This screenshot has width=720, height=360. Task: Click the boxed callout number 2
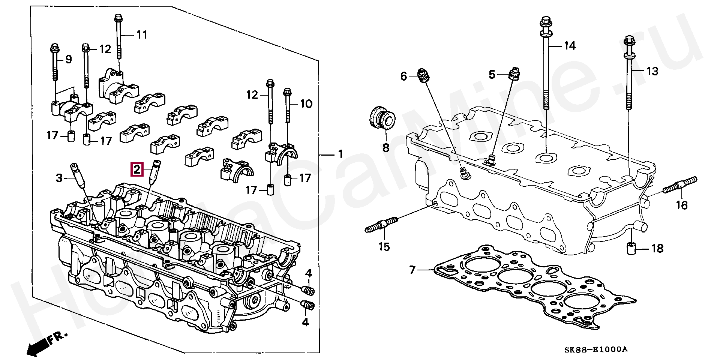point(136,169)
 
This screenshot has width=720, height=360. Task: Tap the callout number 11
point(141,35)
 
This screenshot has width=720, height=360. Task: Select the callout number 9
point(68,59)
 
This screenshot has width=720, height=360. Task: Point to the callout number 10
point(306,103)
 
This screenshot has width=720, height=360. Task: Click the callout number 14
point(569,46)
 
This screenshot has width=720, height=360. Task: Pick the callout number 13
point(652,71)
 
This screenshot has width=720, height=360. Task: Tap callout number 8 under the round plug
point(386,148)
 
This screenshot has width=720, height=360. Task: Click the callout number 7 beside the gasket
point(412,270)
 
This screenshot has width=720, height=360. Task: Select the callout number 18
point(657,248)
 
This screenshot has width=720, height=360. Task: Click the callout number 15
point(384,246)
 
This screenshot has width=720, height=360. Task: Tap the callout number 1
point(340,154)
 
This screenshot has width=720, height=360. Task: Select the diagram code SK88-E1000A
point(595,349)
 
